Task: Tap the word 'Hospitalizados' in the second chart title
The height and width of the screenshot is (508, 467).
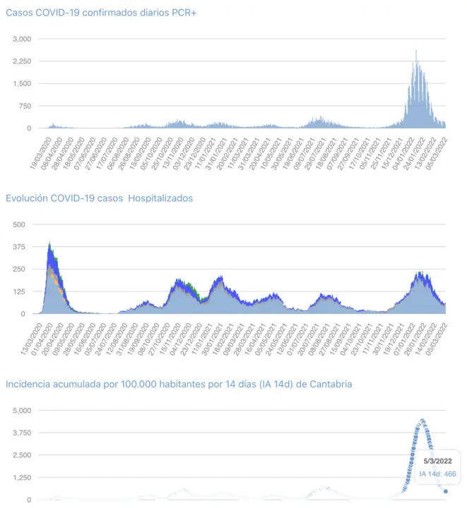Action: [159, 198]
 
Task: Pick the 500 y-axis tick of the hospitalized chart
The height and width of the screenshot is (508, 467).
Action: [18, 224]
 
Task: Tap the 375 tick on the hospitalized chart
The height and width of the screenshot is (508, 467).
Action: [18, 247]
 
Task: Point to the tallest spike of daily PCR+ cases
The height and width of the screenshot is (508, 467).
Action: [416, 51]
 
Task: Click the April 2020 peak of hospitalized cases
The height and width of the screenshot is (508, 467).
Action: [49, 244]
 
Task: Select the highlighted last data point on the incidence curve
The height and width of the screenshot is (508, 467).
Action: [446, 492]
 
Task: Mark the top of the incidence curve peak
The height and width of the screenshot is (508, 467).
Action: [422, 421]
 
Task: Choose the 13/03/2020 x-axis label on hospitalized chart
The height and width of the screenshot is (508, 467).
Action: [32, 338]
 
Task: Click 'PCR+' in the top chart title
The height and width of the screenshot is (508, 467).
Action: [182, 13]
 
